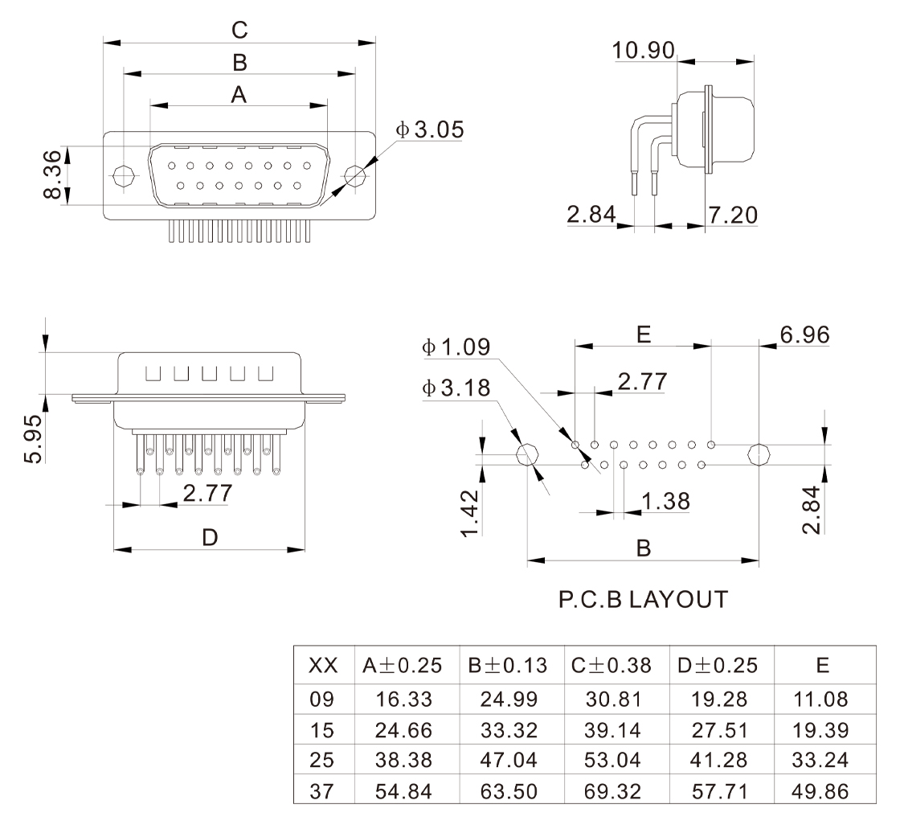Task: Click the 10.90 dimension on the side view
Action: click(x=643, y=51)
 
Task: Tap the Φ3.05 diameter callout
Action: click(x=429, y=129)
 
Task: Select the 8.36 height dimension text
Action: click(x=52, y=174)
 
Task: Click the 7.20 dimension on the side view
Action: click(x=732, y=215)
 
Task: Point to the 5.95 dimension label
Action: click(x=33, y=438)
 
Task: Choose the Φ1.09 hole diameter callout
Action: click(x=456, y=347)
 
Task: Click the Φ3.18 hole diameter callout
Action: click(x=456, y=388)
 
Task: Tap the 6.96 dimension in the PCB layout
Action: click(x=804, y=335)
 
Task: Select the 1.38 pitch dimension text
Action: click(x=665, y=501)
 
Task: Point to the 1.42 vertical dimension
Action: click(x=469, y=513)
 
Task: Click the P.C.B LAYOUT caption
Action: click(x=644, y=599)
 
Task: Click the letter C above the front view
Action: click(x=239, y=30)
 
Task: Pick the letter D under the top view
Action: click(x=210, y=538)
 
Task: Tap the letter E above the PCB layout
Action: click(x=644, y=334)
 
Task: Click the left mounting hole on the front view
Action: click(x=124, y=175)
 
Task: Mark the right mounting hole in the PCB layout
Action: click(x=759, y=455)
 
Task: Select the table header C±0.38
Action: click(x=612, y=665)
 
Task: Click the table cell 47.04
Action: click(x=509, y=760)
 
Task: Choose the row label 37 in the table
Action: click(x=321, y=791)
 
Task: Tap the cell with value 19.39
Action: click(x=820, y=729)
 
